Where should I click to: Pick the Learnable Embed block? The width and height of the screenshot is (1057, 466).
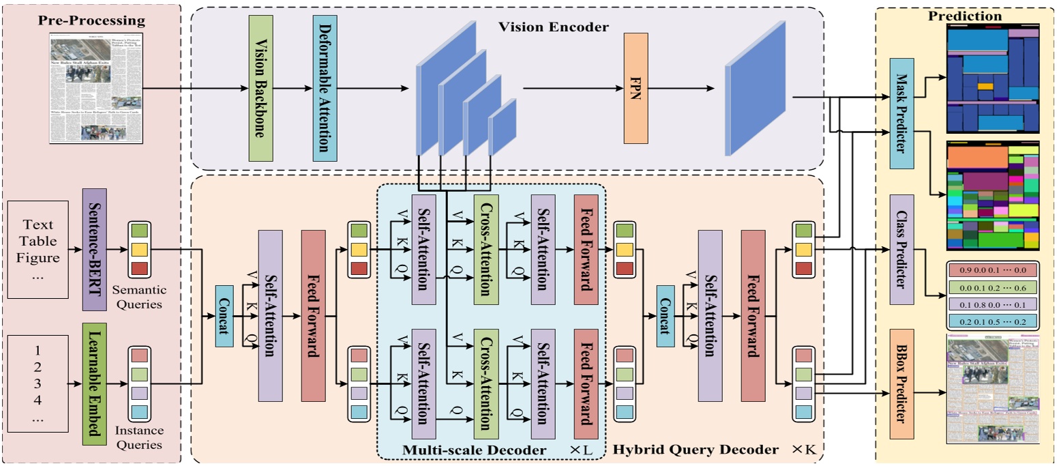click(x=94, y=385)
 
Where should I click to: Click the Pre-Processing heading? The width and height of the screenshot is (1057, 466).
click(x=92, y=20)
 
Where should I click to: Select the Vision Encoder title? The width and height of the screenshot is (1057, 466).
click(x=553, y=27)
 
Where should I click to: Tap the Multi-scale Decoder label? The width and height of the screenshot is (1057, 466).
click(x=474, y=450)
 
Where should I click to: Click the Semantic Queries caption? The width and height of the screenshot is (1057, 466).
click(x=139, y=297)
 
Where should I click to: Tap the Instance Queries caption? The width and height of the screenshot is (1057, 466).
click(x=139, y=437)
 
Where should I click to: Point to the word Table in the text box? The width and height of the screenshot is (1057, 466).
click(x=39, y=241)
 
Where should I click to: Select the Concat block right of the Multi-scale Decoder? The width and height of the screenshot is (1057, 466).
click(x=661, y=319)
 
